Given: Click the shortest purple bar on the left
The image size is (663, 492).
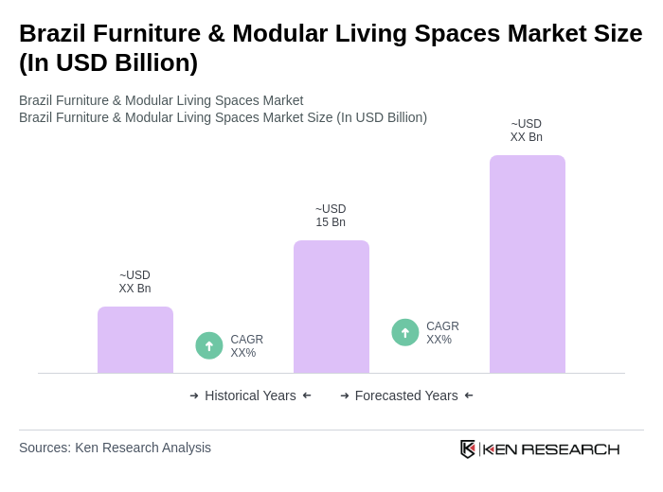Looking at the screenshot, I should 135,340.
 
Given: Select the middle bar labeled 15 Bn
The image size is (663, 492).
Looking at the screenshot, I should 331,307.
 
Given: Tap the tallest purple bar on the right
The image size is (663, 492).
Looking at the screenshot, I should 527,264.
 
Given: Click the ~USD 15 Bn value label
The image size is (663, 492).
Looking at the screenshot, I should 331,216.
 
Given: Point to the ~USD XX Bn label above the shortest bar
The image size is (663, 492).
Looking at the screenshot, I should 134,282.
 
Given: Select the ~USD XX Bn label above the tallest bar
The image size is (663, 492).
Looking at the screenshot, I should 526,131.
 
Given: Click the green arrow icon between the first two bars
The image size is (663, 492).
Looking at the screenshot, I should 209,345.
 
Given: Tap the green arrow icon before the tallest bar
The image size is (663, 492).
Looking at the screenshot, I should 405,332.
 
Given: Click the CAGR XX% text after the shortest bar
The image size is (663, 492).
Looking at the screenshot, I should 246,346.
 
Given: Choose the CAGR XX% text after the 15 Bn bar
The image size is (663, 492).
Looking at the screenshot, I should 442,333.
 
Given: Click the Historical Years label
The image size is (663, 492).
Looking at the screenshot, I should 250,395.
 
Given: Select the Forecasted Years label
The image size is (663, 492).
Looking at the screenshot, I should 406,395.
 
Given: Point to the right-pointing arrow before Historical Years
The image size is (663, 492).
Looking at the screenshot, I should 194,395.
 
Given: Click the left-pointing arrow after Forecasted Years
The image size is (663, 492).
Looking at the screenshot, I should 469,395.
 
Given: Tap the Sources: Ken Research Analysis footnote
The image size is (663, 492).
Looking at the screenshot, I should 115,448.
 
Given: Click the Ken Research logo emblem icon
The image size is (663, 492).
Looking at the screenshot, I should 468,448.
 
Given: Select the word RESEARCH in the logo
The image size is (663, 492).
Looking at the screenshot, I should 570,449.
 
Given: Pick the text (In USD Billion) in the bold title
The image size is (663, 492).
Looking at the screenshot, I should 108,62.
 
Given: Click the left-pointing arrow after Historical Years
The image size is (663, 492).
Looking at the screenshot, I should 307,395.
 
